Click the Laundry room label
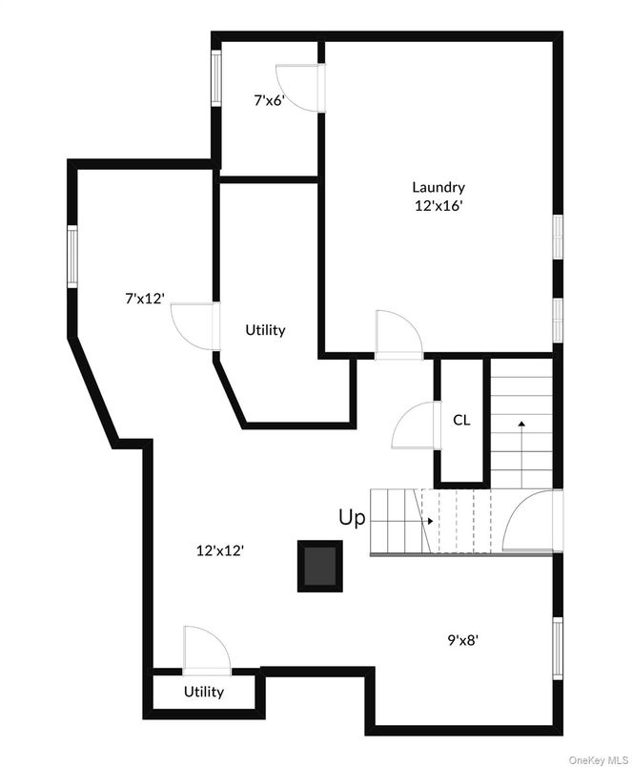(438, 187)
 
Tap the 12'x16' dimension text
(438, 205)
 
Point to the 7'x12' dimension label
(145, 299)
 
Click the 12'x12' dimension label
(220, 549)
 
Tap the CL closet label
(461, 420)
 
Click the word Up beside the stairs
(352, 518)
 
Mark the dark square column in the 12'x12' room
(319, 565)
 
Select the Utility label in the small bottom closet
(204, 692)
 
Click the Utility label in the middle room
(265, 330)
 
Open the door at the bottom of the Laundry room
(399, 335)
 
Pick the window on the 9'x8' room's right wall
(558, 648)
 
